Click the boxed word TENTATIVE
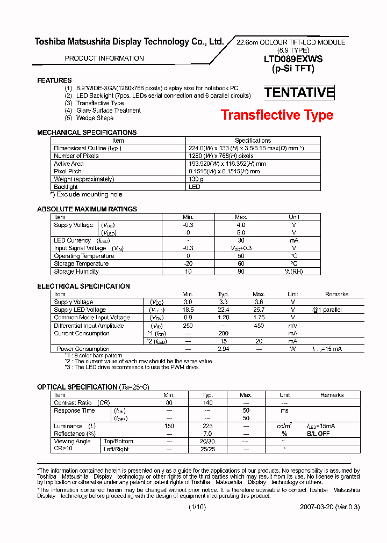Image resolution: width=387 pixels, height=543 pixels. click(299, 92)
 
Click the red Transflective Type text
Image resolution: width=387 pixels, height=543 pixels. click(277, 115)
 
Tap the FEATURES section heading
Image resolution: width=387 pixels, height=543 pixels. click(54, 80)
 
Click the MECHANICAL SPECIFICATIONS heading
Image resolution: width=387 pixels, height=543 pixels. click(87, 132)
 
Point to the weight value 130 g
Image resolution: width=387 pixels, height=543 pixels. click(197, 179)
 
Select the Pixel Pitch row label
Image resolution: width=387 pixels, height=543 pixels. click(68, 172)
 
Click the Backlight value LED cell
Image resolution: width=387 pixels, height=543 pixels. click(195, 187)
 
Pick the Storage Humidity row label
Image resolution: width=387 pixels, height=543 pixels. click(76, 271)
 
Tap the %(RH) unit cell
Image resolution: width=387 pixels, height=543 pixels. click(294, 271)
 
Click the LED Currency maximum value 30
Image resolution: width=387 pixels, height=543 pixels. click(241, 241)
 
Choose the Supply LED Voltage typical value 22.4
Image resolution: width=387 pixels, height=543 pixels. click(224, 310)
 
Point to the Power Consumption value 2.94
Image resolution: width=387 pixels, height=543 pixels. click(224, 349)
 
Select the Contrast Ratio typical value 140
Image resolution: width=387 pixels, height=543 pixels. click(207, 402)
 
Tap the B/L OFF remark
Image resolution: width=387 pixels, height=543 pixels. click(319, 434)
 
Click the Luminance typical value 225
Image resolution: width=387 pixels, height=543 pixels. click(207, 426)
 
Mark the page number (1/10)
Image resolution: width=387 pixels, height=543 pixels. click(197, 507)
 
